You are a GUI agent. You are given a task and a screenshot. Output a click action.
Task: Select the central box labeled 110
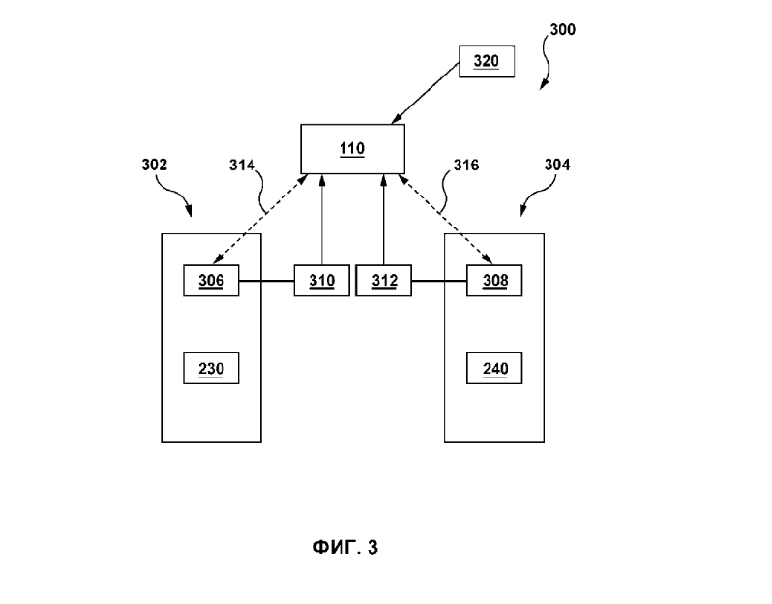point(352,148)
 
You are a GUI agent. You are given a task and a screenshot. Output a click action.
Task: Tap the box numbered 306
point(211,281)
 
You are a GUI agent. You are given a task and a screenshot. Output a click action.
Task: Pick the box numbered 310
point(321,281)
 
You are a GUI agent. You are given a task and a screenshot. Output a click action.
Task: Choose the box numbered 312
point(384,281)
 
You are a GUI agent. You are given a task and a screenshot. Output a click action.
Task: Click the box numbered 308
point(494,281)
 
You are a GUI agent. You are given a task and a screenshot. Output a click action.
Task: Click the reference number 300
point(562,30)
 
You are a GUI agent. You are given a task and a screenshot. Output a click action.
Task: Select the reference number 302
point(155,165)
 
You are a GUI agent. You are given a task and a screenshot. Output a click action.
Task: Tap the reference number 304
point(557,165)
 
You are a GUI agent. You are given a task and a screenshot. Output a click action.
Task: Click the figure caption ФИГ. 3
point(345,548)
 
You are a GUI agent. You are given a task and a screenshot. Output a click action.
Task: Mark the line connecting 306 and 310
point(266,282)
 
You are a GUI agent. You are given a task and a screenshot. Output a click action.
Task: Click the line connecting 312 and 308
point(439,282)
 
